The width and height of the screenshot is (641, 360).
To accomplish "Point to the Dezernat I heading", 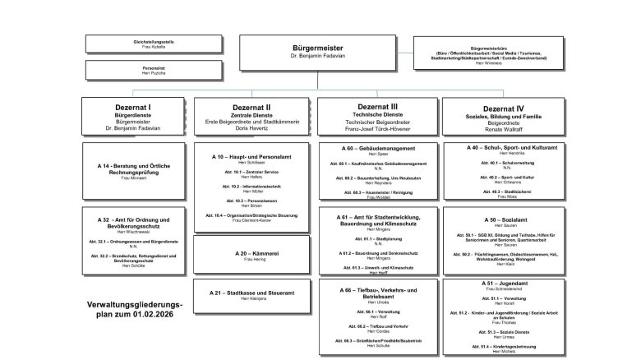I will [131, 108].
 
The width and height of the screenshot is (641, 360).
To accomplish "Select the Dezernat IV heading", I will [502, 108].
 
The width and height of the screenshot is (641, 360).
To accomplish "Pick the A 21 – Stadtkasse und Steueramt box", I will [252, 293].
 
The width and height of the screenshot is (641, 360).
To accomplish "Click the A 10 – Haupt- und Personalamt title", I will [252, 155].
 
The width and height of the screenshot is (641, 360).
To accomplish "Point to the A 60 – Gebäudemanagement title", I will [377, 148].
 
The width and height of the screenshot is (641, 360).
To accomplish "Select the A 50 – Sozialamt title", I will [502, 220].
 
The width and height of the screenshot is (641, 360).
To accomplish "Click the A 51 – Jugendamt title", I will [502, 282].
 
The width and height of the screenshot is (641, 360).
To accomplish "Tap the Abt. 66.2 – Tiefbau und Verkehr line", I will [377, 326].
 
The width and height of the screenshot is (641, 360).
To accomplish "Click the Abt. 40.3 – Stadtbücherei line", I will [502, 192].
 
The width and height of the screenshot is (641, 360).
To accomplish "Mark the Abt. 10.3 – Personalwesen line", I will [252, 201].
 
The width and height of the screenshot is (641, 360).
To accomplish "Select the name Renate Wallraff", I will [502, 130].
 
